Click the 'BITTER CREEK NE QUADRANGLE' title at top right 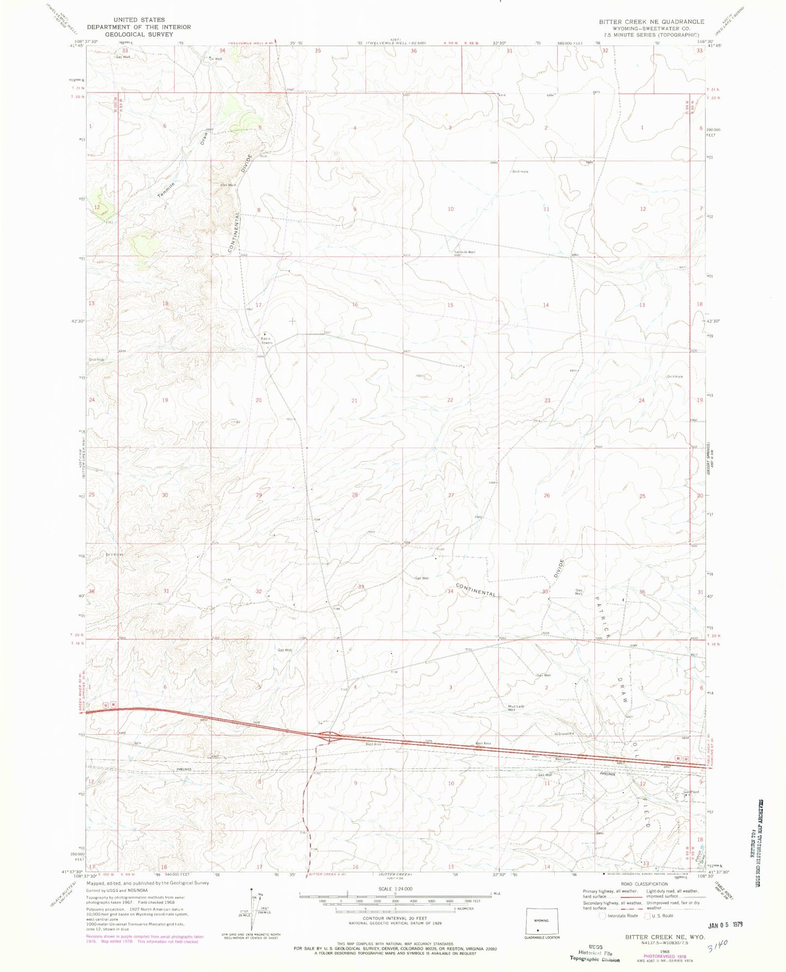[x=651, y=22]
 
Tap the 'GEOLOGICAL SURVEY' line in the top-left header [x=139, y=34]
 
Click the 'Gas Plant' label [x=690, y=792]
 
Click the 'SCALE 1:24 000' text [x=395, y=889]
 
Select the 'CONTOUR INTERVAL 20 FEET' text [x=395, y=918]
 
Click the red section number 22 [x=450, y=400]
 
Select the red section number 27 [x=451, y=496]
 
